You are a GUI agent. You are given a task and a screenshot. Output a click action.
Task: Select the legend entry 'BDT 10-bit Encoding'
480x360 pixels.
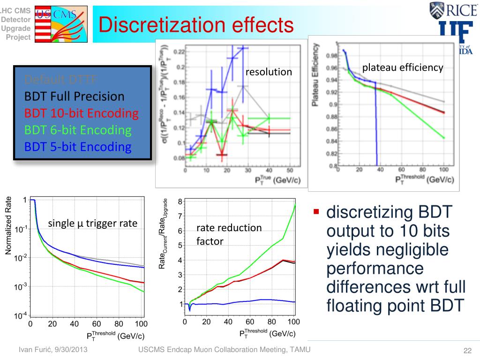point(82,113)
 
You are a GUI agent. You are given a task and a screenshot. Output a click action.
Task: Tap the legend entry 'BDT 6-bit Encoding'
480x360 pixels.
point(78,130)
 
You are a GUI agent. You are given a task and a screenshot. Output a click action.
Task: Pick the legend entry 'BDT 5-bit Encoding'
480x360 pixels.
point(78,147)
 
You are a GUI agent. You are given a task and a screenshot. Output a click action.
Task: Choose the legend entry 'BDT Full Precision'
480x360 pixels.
point(75,97)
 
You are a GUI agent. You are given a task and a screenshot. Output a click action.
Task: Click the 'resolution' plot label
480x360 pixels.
point(269,72)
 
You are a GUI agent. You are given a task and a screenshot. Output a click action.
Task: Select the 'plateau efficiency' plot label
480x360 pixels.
point(403,67)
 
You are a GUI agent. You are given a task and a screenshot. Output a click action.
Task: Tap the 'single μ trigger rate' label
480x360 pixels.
point(93,224)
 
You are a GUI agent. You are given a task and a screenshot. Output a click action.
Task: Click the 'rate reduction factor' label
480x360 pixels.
point(229,234)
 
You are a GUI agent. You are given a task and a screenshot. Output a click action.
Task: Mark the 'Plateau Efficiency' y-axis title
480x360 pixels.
point(317,75)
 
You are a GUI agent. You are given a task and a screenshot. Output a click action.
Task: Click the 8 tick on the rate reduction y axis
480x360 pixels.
point(180,202)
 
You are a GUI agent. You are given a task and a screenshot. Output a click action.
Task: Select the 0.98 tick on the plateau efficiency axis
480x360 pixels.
point(331,56)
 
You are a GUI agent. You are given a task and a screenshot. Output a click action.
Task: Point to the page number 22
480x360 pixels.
point(466,352)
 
